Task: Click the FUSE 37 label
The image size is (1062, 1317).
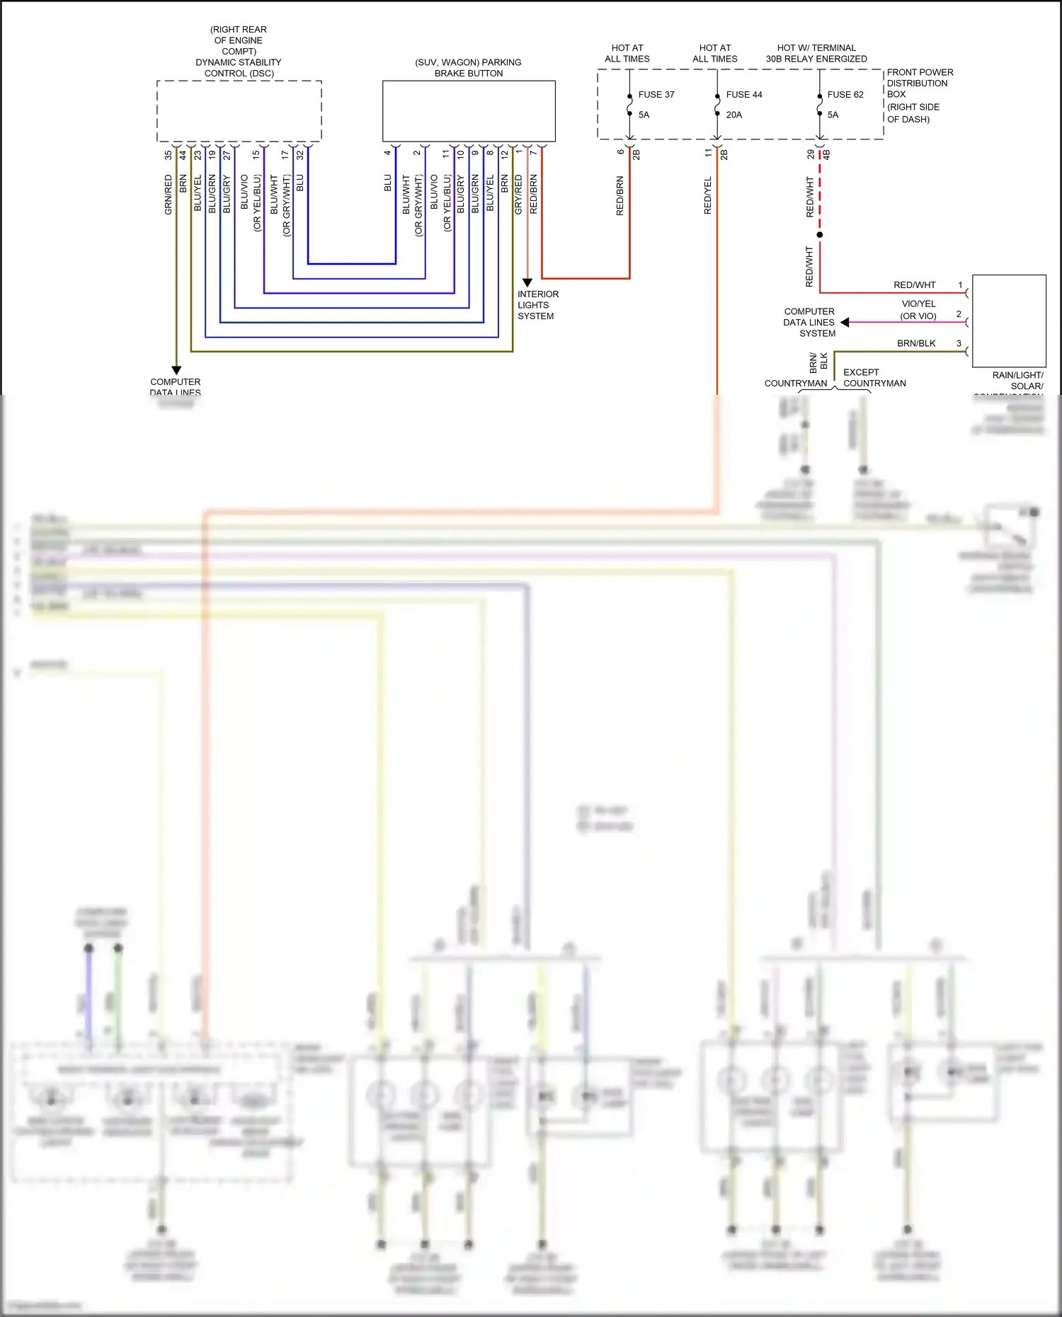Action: pos(656,94)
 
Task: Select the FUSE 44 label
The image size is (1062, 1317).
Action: pos(743,94)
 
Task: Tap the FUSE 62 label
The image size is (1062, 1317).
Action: pos(845,94)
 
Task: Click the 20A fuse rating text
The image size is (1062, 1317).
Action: pos(733,115)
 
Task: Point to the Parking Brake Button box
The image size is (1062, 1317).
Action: pos(469,111)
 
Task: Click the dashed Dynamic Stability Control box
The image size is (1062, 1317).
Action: pos(239,111)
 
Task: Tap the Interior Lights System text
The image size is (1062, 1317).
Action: pos(537,305)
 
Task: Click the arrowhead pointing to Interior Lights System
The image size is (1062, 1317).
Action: pos(527,282)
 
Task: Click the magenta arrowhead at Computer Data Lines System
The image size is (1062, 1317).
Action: pos(845,322)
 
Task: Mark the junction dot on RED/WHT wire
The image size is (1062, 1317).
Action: pos(820,234)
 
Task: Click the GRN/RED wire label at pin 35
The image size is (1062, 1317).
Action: pos(169,195)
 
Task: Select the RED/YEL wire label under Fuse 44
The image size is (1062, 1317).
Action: pos(708,195)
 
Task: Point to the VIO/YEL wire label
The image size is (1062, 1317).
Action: pos(918,304)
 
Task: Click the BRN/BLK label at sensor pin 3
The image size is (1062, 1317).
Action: pos(916,343)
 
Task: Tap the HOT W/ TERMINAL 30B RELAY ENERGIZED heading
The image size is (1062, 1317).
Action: pos(816,53)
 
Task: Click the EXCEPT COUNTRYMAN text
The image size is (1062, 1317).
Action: pos(874,377)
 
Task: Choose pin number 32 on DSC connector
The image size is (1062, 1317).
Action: pos(300,154)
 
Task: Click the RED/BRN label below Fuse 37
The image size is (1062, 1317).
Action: pos(620,196)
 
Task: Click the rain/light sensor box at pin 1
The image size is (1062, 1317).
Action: pos(1009,320)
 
